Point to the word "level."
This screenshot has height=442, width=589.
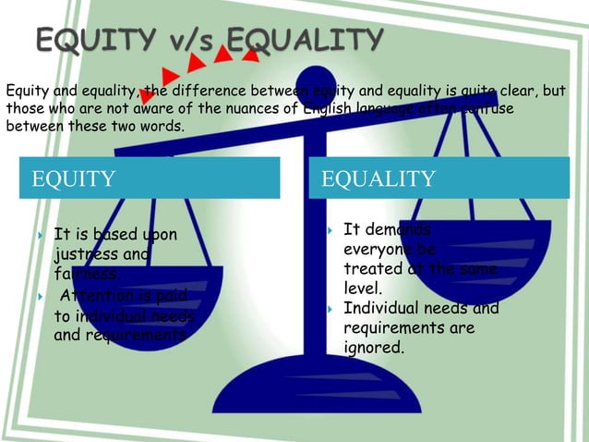363,288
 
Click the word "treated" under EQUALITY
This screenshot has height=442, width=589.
371,268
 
